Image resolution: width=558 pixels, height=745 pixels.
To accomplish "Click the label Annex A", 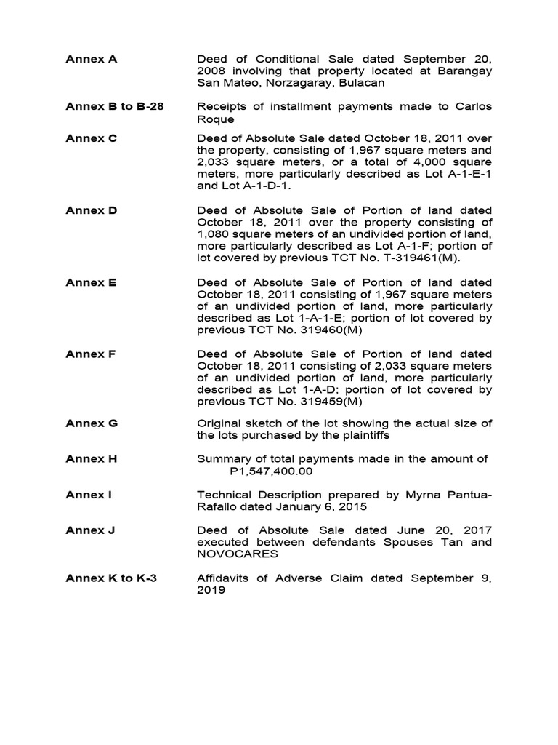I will (x=91, y=60).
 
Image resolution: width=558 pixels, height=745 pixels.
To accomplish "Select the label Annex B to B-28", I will (x=115, y=106).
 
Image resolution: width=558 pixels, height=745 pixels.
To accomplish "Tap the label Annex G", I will (x=92, y=423).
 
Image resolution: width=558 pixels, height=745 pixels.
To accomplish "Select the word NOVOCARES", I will (x=238, y=554).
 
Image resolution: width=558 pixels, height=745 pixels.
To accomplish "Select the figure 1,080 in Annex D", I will (x=214, y=234).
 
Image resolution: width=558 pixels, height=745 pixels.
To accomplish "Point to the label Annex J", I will (x=91, y=530).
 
